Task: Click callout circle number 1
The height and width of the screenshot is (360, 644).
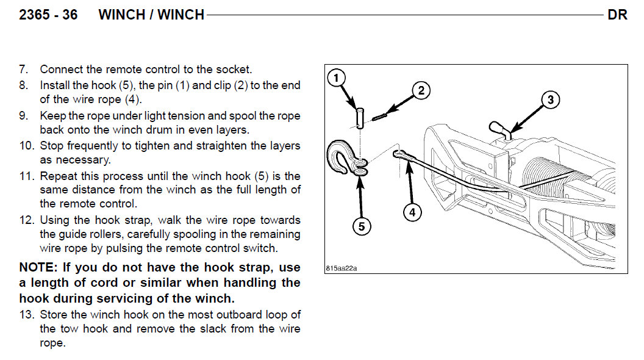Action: pos(336,78)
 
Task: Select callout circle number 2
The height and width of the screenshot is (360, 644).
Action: pos(420,91)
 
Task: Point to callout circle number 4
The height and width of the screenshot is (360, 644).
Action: pos(413,212)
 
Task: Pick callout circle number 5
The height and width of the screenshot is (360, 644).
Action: pos(361,226)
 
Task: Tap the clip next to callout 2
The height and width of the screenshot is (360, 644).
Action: pos(381,115)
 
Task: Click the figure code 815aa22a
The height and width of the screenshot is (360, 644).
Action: pos(341,268)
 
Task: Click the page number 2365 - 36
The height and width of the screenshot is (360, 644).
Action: pos(49,15)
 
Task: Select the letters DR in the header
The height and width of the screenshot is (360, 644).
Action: pos(617,15)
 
